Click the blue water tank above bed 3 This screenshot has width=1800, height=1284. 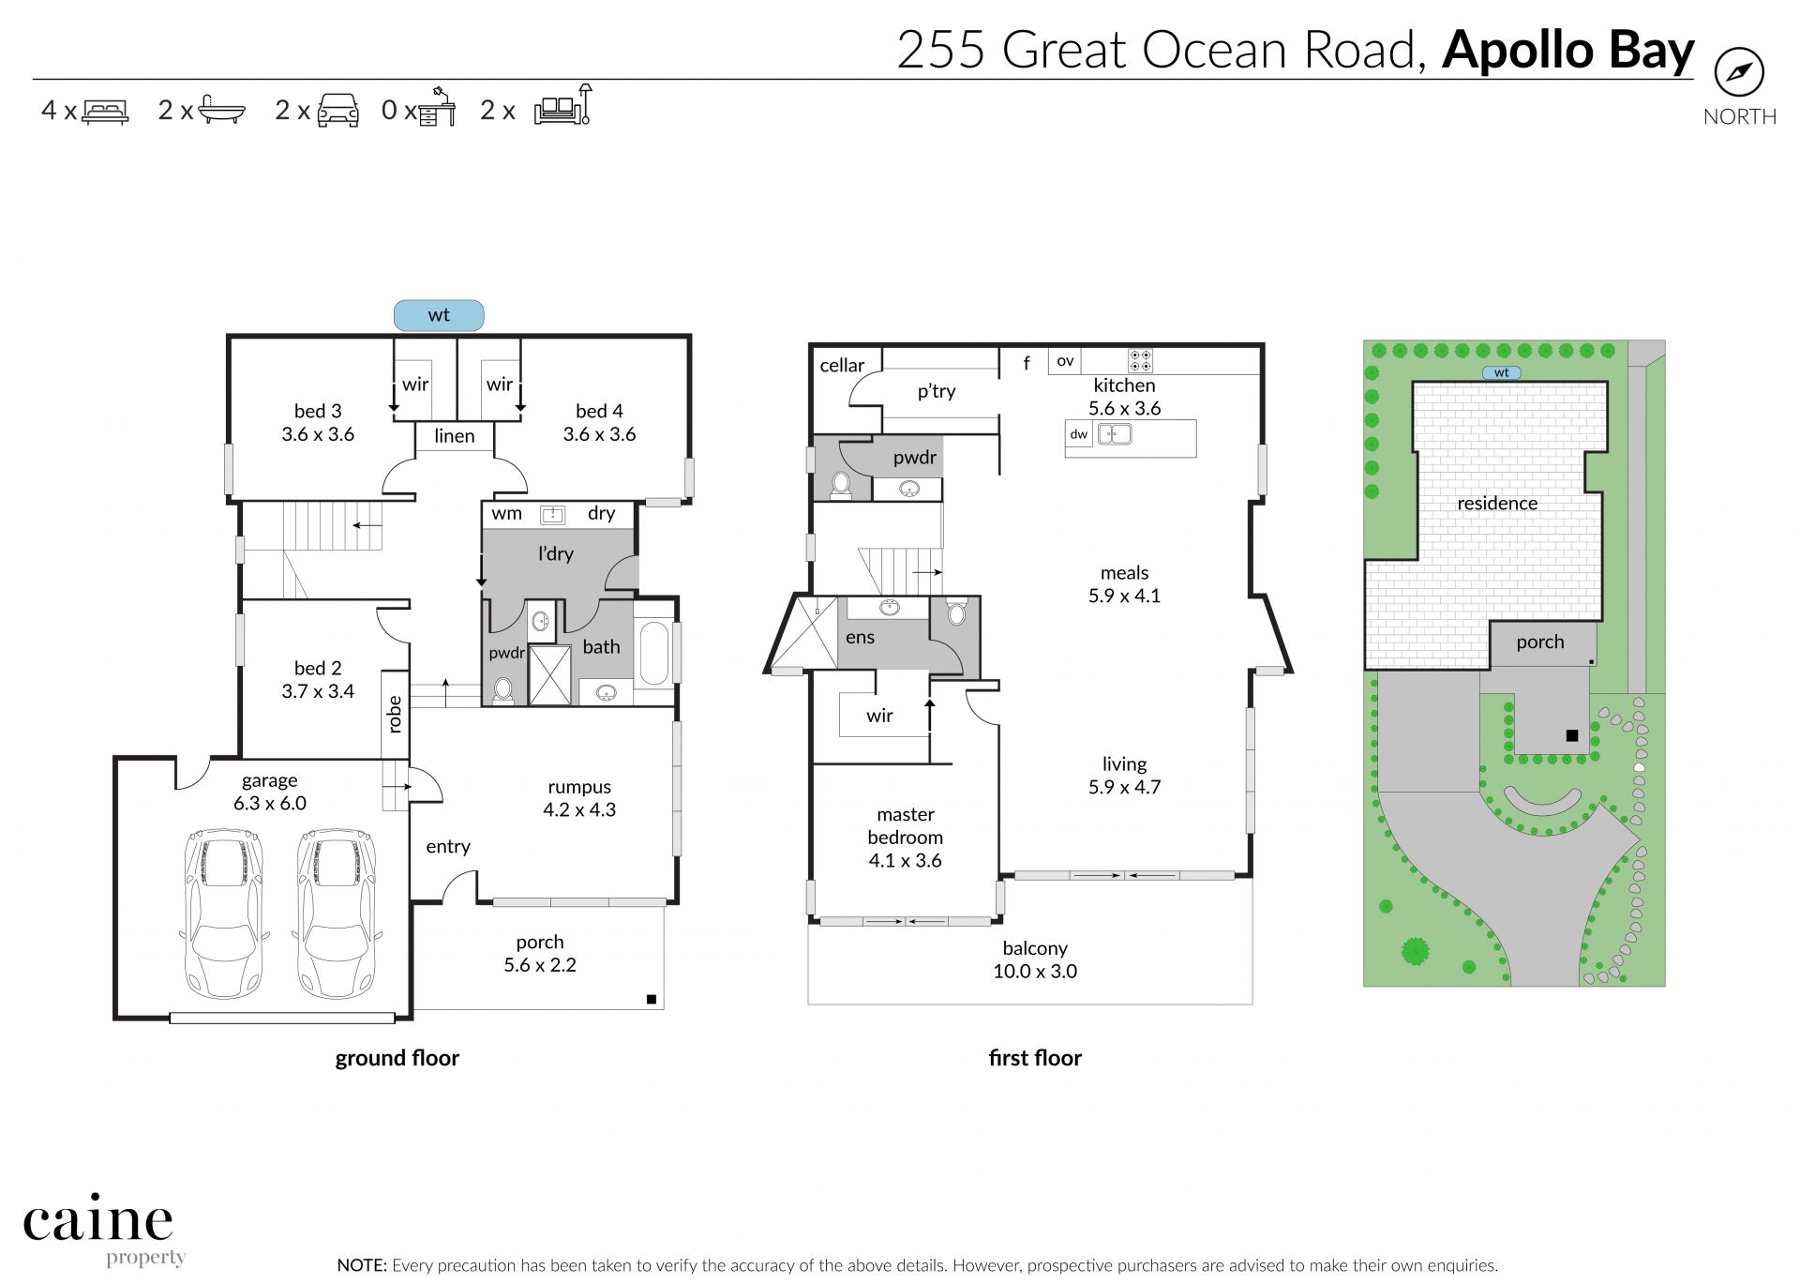tap(439, 315)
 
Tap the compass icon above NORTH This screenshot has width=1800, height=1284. tap(1739, 72)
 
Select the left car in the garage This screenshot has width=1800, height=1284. tap(224, 913)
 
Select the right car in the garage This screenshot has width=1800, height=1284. tap(337, 913)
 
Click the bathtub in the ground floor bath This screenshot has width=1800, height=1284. tap(653, 652)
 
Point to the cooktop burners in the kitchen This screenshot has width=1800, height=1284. tap(1140, 361)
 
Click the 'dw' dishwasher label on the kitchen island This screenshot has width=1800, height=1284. tap(1079, 434)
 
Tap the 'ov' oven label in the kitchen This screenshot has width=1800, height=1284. tap(1065, 361)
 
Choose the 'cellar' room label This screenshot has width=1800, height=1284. tap(842, 366)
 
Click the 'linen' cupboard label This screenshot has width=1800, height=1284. tap(455, 436)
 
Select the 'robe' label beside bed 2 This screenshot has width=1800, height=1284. tap(395, 714)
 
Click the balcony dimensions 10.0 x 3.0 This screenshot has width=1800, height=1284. tap(1035, 972)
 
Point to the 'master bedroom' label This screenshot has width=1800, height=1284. tap(906, 826)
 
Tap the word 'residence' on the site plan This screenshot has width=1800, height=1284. tap(1497, 504)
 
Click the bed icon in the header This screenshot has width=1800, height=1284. tap(105, 112)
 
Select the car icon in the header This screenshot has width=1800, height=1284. tap(338, 110)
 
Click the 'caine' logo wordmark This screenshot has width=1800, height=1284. tap(98, 1220)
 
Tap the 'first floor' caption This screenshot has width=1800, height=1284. tap(1035, 1058)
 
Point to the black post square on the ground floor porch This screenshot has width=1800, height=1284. tap(652, 1000)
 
